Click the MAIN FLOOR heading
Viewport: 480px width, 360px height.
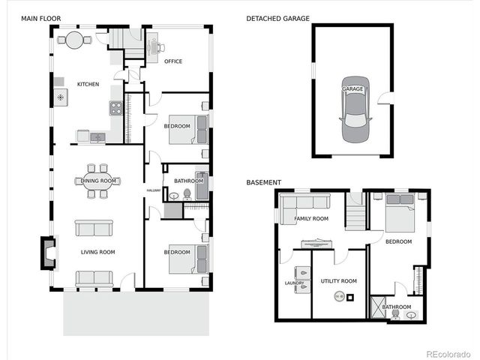(x=40, y=18)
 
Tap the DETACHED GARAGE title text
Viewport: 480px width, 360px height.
(x=277, y=18)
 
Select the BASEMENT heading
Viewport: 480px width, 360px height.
(x=263, y=182)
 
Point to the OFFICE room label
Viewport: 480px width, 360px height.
(x=173, y=61)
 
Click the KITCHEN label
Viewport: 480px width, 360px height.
(x=87, y=84)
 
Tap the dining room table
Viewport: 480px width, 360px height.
(x=99, y=181)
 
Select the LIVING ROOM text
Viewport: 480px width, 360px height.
(x=97, y=252)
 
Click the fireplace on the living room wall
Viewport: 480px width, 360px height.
(x=49, y=252)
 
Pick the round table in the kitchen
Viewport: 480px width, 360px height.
(x=74, y=40)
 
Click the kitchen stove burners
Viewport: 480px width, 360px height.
(x=116, y=108)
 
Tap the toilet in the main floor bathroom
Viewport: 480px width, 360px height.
(x=175, y=195)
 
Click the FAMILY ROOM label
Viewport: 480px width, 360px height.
(x=310, y=219)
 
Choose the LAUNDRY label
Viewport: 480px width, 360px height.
(x=294, y=283)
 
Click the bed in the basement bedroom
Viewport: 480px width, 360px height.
(x=399, y=212)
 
